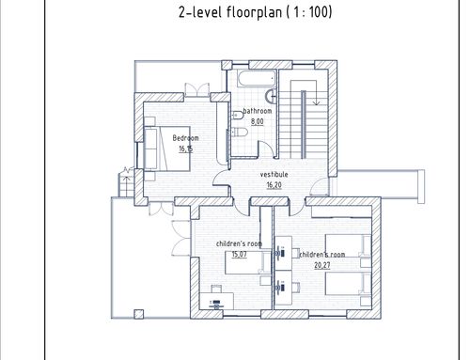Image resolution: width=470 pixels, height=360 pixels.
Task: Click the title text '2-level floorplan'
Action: [x=230, y=12]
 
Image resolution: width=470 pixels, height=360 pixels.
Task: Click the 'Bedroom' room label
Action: [x=185, y=138]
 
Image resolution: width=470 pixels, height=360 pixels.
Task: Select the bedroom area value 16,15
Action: [x=186, y=149]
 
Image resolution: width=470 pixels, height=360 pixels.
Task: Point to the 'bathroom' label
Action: [x=258, y=111]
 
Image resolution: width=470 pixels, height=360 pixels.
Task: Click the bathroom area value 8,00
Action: [x=258, y=121]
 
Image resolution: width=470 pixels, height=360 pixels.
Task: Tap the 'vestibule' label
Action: [x=274, y=175]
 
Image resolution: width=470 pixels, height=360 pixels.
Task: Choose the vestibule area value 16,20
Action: [x=274, y=185]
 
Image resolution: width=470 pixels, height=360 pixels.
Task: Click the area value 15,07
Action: [x=240, y=254]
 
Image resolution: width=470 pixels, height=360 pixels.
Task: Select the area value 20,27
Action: [x=322, y=265]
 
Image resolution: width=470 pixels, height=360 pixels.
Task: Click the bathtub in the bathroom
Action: [x=257, y=78]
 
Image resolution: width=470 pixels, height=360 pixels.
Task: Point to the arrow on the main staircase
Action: [x=316, y=92]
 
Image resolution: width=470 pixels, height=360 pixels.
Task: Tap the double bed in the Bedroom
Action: [x=167, y=149]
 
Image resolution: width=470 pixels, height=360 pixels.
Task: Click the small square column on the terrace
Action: [x=139, y=314]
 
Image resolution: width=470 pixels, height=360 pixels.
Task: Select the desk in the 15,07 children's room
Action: [x=217, y=301]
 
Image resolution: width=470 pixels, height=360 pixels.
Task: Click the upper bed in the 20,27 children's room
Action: [x=349, y=246]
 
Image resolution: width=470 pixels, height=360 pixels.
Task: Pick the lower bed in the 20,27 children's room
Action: [x=349, y=284]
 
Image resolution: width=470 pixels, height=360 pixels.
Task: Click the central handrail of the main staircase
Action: [x=303, y=124]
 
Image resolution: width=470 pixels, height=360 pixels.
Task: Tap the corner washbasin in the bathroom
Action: [x=271, y=96]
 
